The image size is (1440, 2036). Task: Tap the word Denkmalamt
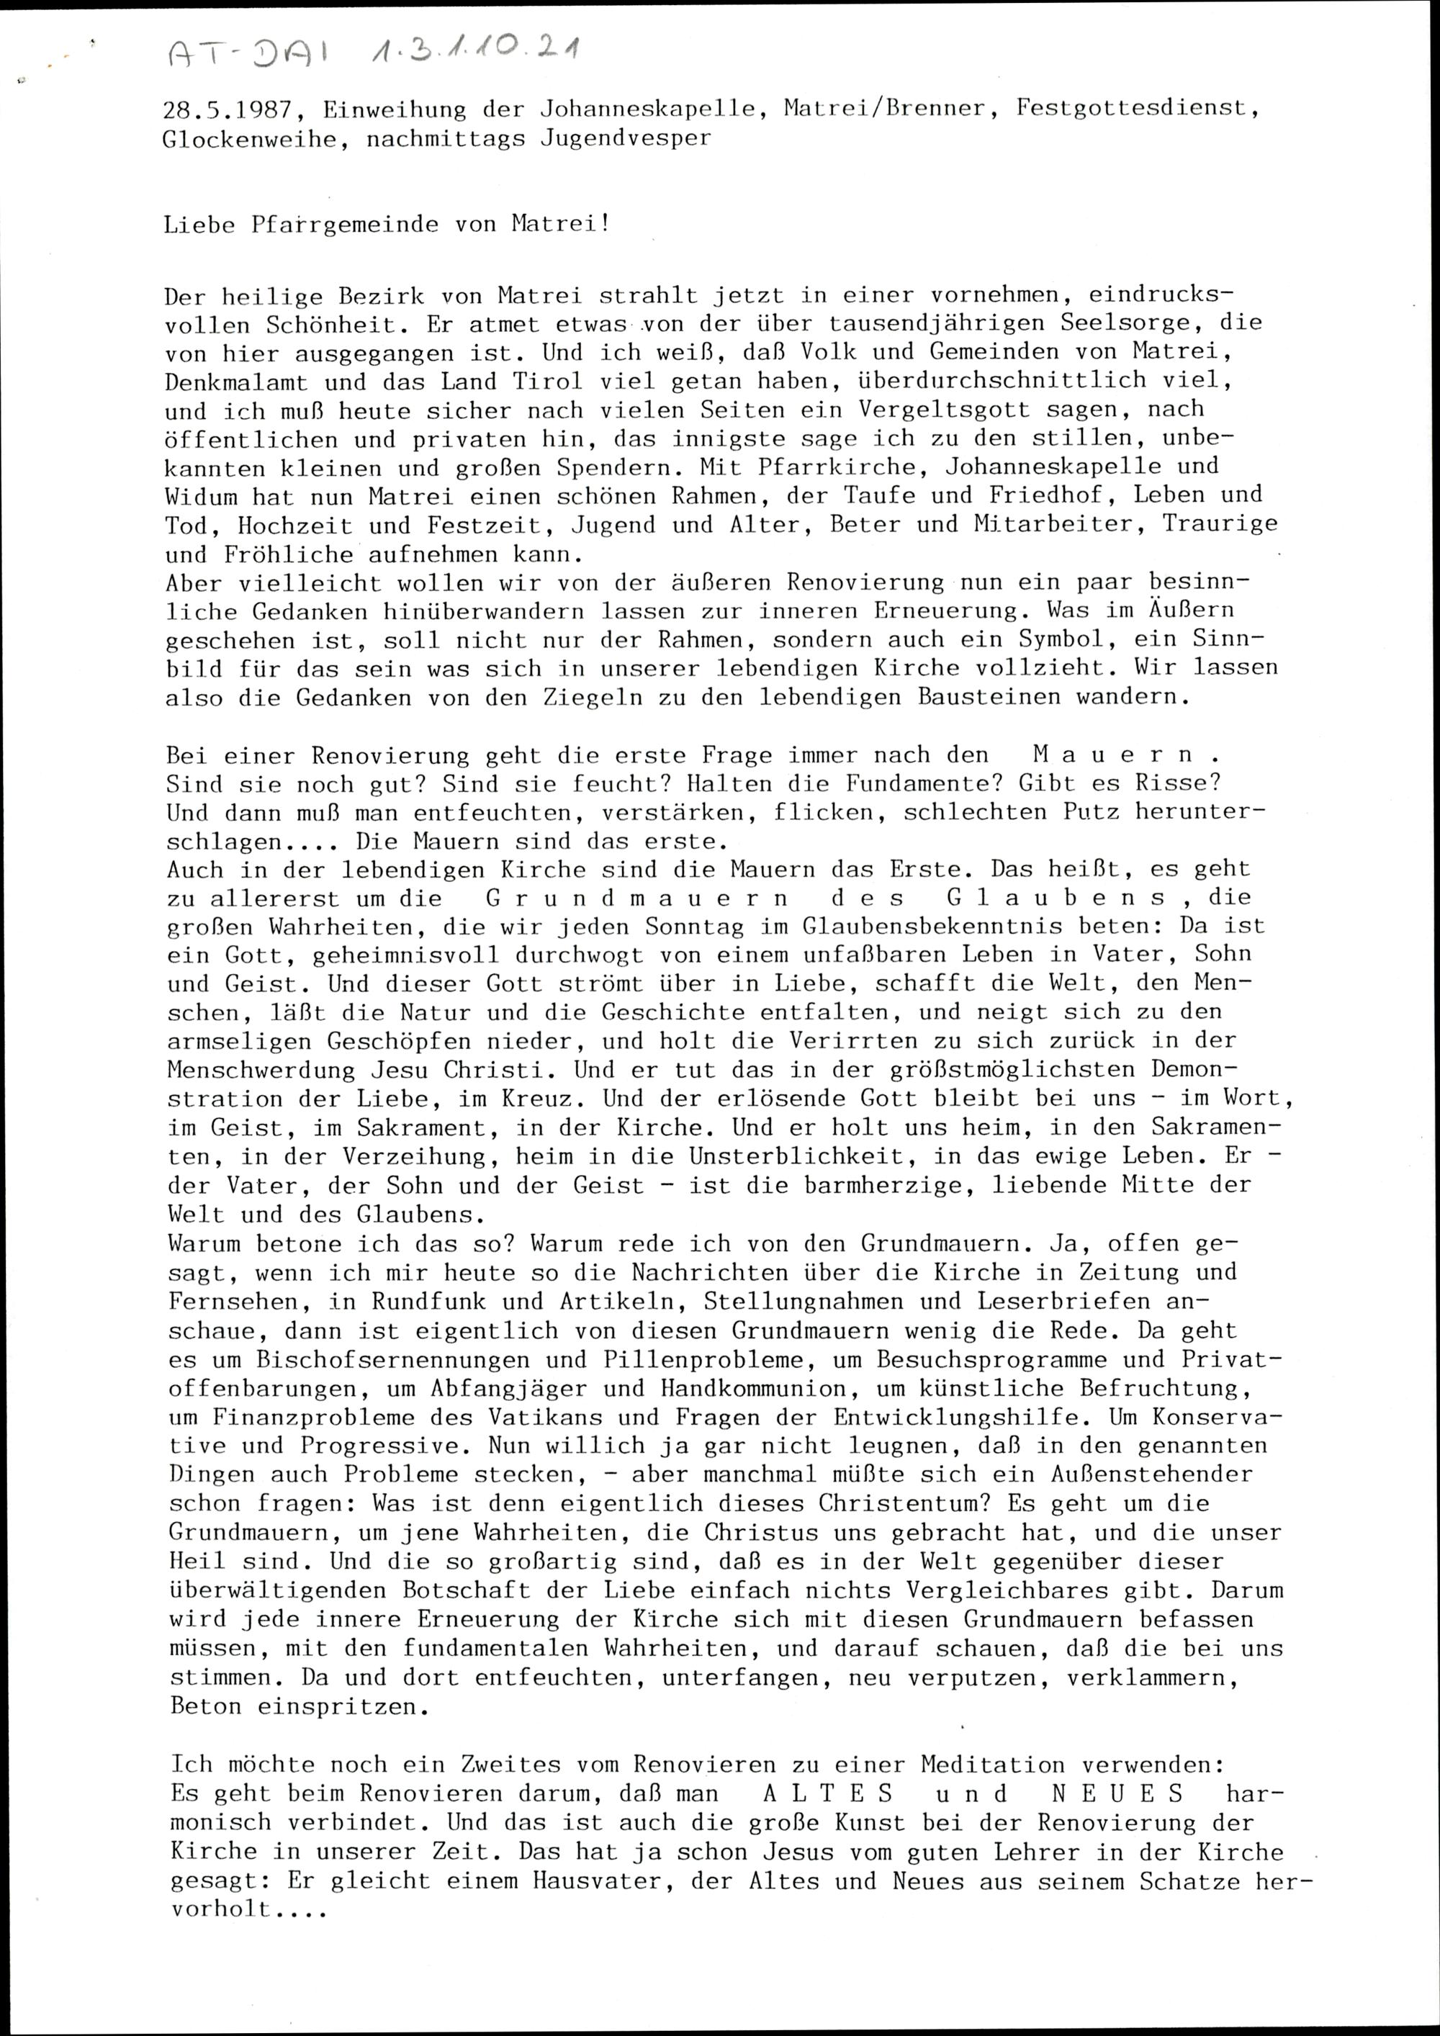click(236, 382)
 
